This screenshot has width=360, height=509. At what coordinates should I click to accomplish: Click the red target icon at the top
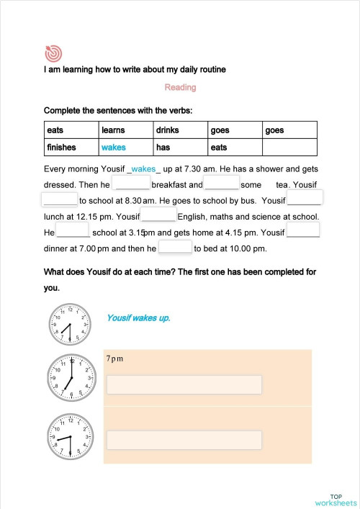pyautogui.click(x=53, y=53)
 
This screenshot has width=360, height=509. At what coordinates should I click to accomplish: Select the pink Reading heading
pyautogui.click(x=180, y=87)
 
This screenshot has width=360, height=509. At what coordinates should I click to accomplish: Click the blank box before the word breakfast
pyautogui.click(x=132, y=184)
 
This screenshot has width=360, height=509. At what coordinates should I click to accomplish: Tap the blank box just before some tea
pyautogui.click(x=221, y=184)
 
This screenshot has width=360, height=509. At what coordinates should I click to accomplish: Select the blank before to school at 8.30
pyautogui.click(x=60, y=200)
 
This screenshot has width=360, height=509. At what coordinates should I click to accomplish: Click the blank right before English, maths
pyautogui.click(x=158, y=216)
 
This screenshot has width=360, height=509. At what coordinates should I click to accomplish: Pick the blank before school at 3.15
pyautogui.click(x=72, y=233)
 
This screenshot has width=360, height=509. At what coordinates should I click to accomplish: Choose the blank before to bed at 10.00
pyautogui.click(x=175, y=248)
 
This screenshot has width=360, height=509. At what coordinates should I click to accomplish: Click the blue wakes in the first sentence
pyautogui.click(x=143, y=169)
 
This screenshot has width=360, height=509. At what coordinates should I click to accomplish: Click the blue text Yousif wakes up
pyautogui.click(x=138, y=317)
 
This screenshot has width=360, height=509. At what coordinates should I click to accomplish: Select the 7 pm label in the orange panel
pyautogui.click(x=114, y=358)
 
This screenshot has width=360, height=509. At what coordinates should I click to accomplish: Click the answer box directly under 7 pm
pyautogui.click(x=184, y=385)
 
